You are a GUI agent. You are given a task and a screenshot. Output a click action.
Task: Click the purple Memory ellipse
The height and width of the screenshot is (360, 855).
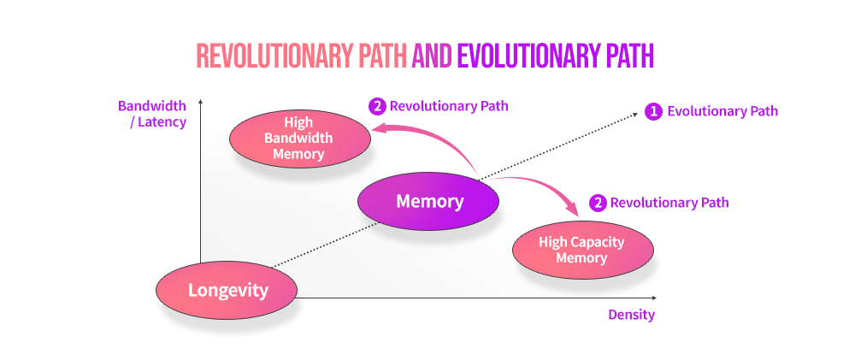pos(428,201)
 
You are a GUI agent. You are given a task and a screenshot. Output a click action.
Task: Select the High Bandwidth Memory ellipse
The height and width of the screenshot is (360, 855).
pos(300,139)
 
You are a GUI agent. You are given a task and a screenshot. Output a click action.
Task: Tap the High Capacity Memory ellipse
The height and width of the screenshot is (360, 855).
pos(583,250)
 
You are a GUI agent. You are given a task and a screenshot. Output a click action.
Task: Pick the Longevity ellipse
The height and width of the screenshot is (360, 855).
pos(227,290)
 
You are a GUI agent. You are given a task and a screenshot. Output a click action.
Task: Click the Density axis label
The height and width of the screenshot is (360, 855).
pos(632,315)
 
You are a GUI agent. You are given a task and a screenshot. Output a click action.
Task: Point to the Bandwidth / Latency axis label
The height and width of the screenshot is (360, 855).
pos(152,114)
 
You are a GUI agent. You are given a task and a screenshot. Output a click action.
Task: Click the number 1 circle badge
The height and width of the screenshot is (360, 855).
pos(652,112)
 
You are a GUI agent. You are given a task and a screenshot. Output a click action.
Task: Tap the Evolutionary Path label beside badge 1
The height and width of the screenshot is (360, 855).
pos(722,112)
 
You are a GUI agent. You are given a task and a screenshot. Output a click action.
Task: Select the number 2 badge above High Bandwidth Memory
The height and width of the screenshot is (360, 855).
pos(376,106)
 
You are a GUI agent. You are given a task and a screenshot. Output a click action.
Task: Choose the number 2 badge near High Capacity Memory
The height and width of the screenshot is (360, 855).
pos(597,203)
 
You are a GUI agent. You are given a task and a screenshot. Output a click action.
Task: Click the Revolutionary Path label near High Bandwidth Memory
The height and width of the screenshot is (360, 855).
pos(449,106)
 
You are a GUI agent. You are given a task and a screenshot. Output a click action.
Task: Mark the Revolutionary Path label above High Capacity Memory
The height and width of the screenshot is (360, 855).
pos(669,203)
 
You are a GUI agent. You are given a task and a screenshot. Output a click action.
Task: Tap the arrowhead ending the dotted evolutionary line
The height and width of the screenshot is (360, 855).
pos(635,114)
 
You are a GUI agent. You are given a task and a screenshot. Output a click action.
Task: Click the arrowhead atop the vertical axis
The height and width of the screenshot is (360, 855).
pos(201,102)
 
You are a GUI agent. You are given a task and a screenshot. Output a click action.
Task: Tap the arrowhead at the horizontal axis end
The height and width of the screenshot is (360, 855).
pos(653,298)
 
